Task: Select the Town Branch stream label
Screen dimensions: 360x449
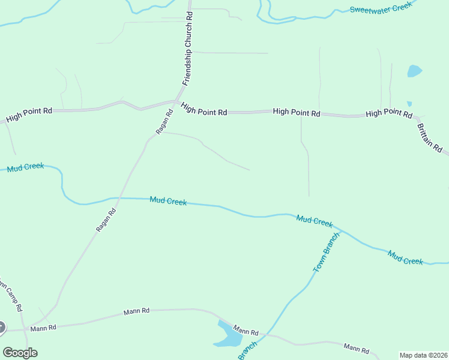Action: point(327,252)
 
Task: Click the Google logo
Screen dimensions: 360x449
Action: point(20,353)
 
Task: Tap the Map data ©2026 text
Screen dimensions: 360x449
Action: point(423,355)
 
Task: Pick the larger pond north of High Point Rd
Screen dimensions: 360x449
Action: point(414,71)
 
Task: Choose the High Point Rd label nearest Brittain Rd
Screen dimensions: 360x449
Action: point(388,113)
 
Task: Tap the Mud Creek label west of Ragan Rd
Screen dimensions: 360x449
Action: point(26,167)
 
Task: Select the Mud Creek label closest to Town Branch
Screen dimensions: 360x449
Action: point(315,221)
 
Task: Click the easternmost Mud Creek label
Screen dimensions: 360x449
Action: point(405,257)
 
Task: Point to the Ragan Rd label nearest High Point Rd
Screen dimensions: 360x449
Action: point(164,122)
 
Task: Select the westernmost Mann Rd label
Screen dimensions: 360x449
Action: point(44,328)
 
